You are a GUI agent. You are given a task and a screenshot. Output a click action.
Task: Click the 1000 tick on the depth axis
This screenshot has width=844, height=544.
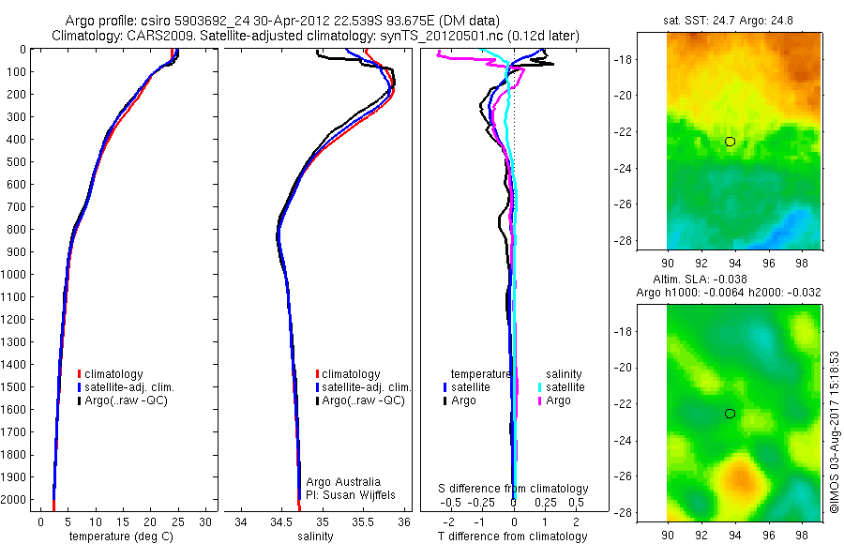pos(17,275)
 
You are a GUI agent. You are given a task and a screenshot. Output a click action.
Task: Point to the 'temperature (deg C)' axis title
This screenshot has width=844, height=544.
pos(118,536)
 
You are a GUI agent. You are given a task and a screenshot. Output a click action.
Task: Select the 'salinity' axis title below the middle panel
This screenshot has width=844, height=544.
pos(315,536)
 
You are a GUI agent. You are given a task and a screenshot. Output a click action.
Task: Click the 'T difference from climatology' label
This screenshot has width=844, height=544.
pos(512,536)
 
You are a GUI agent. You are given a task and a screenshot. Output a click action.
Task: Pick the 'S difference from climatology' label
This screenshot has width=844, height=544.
pos(514,489)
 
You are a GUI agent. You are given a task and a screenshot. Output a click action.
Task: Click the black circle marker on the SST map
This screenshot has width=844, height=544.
pos(731,142)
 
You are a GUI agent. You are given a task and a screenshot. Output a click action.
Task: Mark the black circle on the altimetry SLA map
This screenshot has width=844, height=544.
pos(731,414)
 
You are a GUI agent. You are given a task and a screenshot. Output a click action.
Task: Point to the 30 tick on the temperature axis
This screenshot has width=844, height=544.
pos(205,521)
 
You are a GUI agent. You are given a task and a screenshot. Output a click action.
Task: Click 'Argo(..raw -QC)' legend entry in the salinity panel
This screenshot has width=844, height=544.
pos(363,400)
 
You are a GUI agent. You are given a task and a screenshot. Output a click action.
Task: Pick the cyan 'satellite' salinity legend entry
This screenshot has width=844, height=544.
pos(563,386)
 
